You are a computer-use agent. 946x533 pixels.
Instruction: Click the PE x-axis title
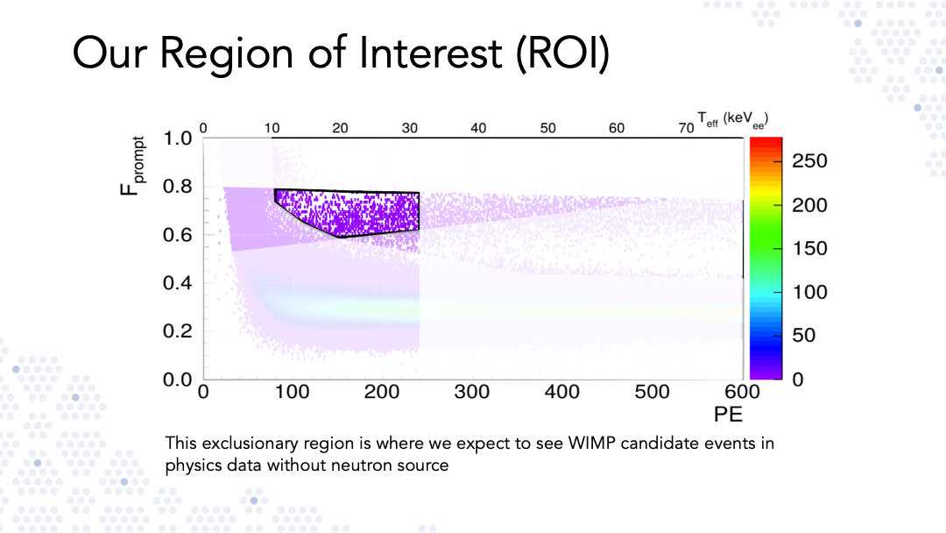728,414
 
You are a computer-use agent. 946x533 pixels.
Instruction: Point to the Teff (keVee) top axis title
732,119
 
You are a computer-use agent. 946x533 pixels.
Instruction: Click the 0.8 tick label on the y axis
177,187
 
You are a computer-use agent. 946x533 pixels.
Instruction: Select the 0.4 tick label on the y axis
177,282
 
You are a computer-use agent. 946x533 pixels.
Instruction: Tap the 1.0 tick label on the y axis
177,139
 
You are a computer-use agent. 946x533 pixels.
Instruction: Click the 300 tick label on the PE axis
472,392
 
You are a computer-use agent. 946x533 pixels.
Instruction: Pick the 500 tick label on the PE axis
653,392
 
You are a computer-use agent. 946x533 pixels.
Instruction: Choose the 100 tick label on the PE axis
292,392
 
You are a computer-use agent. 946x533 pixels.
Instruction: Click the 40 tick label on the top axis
478,128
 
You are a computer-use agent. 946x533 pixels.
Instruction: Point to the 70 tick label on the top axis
686,128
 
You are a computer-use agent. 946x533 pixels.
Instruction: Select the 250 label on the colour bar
809,160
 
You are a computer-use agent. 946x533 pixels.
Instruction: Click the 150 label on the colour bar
809,248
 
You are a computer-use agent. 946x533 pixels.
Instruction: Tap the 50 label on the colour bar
803,335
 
